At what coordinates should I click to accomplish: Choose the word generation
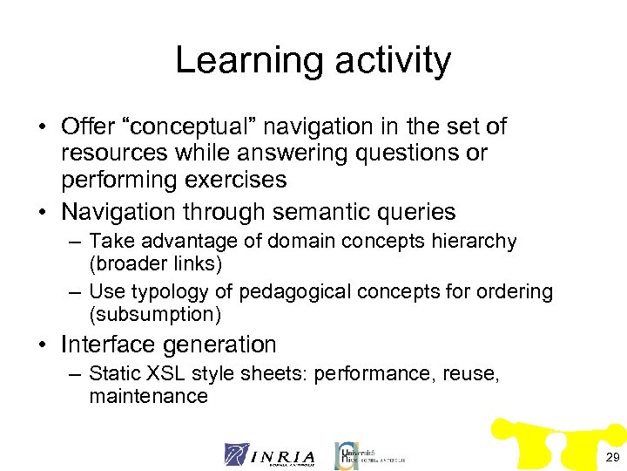pyautogui.click(x=224, y=346)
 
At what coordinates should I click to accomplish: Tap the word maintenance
pyautogui.click(x=148, y=397)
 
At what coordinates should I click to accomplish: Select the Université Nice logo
pyautogui.click(x=369, y=454)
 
